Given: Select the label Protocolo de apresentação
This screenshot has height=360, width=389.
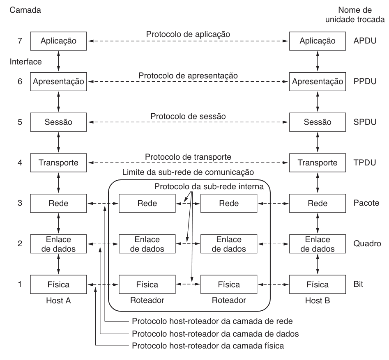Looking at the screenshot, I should [x=189, y=76].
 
